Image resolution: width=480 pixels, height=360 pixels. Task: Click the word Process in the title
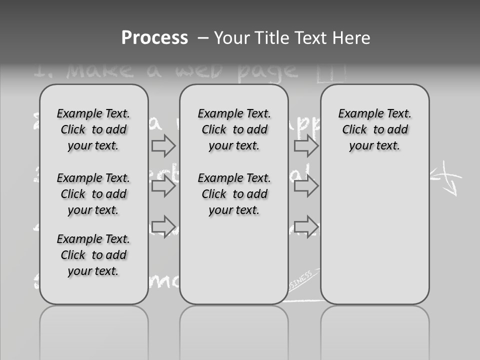(x=154, y=38)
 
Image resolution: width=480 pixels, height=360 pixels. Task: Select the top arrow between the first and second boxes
(x=163, y=146)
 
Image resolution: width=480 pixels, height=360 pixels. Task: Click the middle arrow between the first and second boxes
(x=163, y=186)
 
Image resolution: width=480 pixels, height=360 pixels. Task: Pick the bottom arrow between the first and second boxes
(x=163, y=226)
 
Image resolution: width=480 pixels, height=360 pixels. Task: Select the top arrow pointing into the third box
(x=306, y=146)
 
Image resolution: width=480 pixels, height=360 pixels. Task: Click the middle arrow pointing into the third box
(x=306, y=186)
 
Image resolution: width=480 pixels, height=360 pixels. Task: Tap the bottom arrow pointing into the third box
(x=306, y=226)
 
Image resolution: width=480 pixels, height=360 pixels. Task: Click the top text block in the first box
(x=93, y=129)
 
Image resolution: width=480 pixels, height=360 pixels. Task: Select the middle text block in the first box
(x=93, y=194)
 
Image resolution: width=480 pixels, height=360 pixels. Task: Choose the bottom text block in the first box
(x=93, y=255)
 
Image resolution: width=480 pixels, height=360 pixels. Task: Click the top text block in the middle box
(x=234, y=129)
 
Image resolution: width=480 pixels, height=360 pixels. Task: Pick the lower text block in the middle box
(x=234, y=194)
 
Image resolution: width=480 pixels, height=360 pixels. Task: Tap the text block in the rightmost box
(x=374, y=129)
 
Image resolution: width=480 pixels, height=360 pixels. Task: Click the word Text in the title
(x=310, y=38)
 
